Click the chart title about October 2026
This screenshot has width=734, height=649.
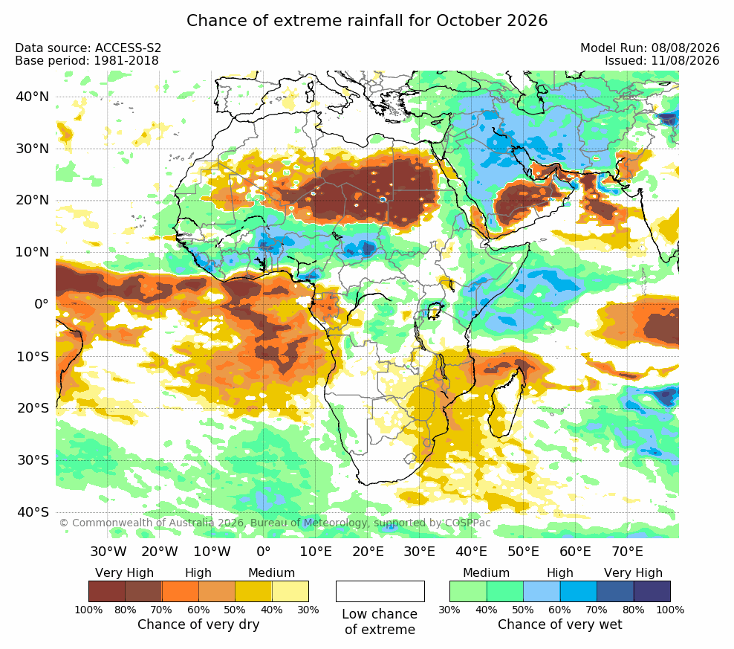[367, 21]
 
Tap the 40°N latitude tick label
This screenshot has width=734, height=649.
[32, 97]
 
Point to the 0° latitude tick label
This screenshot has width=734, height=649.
[41, 304]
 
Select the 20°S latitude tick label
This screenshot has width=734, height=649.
[33, 408]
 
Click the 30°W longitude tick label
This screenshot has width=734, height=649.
[108, 551]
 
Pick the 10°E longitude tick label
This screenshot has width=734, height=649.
[316, 551]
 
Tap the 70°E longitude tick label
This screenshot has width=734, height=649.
[627, 551]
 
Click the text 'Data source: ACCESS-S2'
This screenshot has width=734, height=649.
[88, 48]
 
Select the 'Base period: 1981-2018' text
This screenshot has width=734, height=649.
[87, 60]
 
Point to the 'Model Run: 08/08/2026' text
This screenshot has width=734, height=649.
[650, 48]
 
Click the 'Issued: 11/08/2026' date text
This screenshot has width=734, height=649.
[662, 60]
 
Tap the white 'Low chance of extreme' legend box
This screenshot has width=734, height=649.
[380, 591]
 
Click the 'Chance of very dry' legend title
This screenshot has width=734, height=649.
[198, 624]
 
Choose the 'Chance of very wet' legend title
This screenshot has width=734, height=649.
[560, 624]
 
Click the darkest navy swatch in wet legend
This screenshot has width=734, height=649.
[652, 591]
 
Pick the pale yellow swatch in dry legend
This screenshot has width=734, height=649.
[290, 591]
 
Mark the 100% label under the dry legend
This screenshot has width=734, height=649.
[88, 610]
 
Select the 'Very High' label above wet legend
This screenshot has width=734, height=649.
[633, 572]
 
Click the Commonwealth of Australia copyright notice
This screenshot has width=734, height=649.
[275, 523]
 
